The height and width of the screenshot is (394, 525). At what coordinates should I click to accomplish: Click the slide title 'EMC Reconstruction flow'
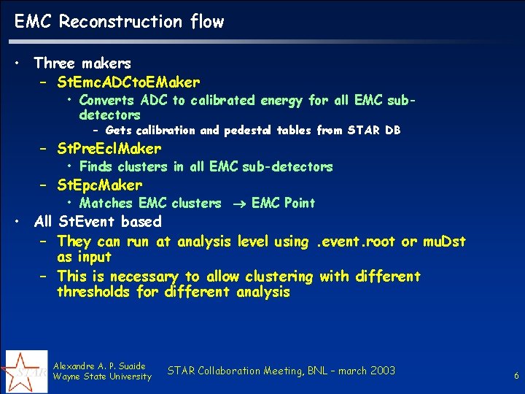coord(120,22)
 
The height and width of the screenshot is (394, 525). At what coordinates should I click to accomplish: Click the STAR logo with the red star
coord(26,371)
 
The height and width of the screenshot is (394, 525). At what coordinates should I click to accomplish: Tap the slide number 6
coord(516,376)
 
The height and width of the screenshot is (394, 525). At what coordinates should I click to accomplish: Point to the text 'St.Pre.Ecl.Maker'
coord(109,149)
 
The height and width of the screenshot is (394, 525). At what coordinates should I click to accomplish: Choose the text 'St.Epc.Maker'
coord(100,185)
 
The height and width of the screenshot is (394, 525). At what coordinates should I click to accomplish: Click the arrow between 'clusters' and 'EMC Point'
coord(236,204)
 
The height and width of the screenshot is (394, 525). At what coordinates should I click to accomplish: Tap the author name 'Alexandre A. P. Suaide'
coord(100,366)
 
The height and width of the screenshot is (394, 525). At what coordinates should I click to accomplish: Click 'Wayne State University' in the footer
coord(103,376)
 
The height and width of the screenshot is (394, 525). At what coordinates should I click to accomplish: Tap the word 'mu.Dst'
coord(444,241)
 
